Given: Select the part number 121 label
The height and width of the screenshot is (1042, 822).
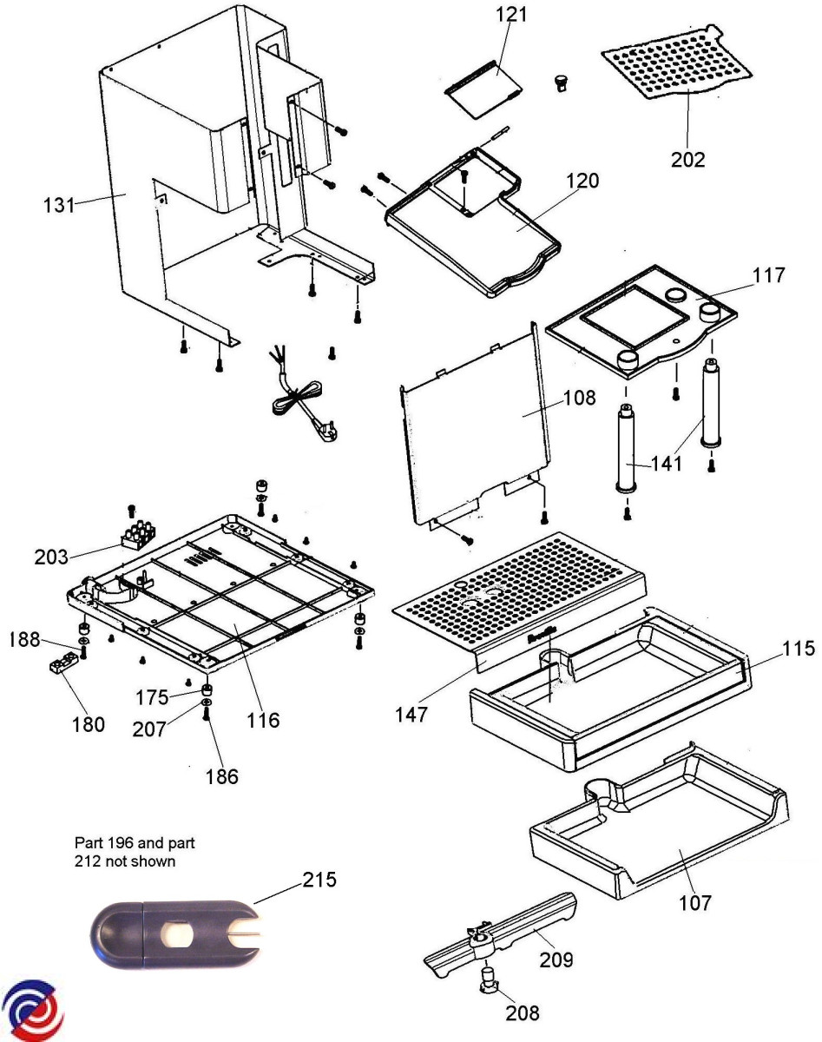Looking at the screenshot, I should click(x=511, y=15).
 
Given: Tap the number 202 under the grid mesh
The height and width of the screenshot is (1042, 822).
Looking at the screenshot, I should click(x=687, y=160).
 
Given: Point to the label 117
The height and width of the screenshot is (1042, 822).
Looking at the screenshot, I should click(x=767, y=275).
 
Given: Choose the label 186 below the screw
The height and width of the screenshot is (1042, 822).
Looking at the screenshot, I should click(x=221, y=776).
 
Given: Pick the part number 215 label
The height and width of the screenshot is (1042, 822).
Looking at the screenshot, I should click(x=319, y=879).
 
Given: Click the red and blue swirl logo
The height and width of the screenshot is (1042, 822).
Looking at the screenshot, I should click(x=34, y=1012).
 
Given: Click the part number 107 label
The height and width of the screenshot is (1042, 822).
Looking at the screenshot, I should click(x=694, y=903).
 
